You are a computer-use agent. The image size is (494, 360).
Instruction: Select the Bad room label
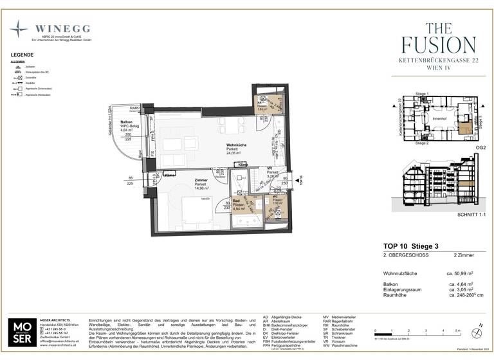tap(238, 202)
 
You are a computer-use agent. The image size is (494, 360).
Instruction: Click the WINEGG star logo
tap(19, 30)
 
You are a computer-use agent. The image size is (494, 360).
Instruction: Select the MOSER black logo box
tap(23, 332)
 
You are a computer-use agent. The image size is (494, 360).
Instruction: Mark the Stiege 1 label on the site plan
tap(421, 94)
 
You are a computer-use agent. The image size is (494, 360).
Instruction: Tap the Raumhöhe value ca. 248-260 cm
tap(461, 295)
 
